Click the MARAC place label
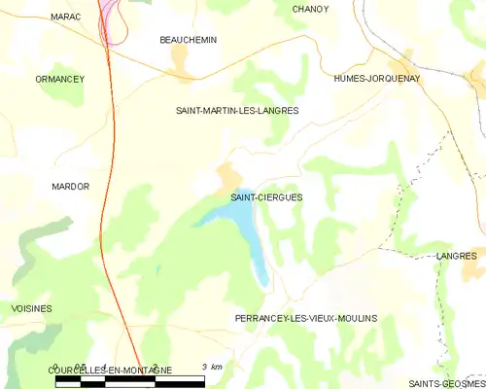pyautogui.click(x=66, y=18)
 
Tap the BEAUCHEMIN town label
pyautogui.click(x=188, y=40)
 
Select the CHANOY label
pyautogui.click(x=310, y=9)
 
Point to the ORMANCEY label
pyautogui.click(x=59, y=79)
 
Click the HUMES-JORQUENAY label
pyautogui.click(x=376, y=79)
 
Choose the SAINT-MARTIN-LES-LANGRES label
pyautogui.click(x=236, y=111)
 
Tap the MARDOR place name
pyautogui.click(x=70, y=186)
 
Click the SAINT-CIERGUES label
pyautogui.click(x=266, y=197)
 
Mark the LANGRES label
pyautogui.click(x=457, y=256)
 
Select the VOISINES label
pyautogui.click(x=31, y=308)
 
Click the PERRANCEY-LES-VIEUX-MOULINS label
pyautogui.click(x=305, y=318)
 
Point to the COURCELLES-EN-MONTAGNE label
pyautogui.click(x=110, y=371)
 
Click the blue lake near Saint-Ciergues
pyautogui.click(x=238, y=219)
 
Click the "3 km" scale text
pyautogui.click(x=212, y=367)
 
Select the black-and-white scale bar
pyautogui.click(x=129, y=381)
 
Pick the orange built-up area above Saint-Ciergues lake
pyautogui.click(x=227, y=176)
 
